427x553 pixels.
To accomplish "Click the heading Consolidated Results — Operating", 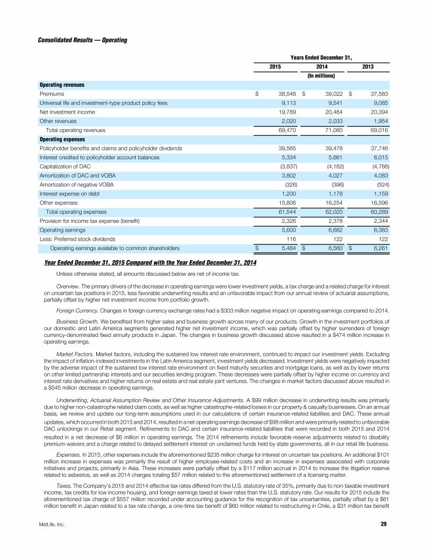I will (x=82, y=41).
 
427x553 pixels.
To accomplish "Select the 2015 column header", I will (x=275, y=67).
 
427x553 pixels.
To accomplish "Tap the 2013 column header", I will (x=368, y=67).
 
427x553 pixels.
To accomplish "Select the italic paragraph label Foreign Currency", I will (x=76, y=309).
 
